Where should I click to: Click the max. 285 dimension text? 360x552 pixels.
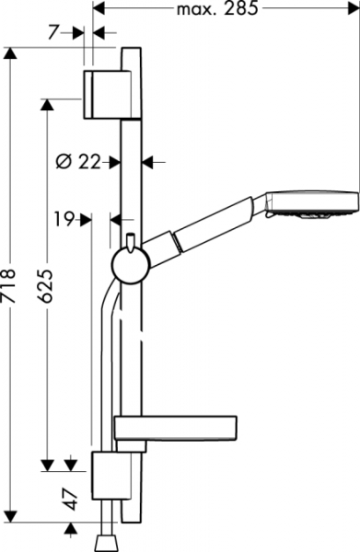coord(217,9)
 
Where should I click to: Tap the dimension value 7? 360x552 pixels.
coord(52,33)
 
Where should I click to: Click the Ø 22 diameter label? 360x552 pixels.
coord(78,162)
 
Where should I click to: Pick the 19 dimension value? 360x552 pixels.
coord(64,220)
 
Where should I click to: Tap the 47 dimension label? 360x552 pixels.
coord(72,499)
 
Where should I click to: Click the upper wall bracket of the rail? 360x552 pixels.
coord(107,95)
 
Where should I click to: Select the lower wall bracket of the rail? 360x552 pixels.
coord(111,476)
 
